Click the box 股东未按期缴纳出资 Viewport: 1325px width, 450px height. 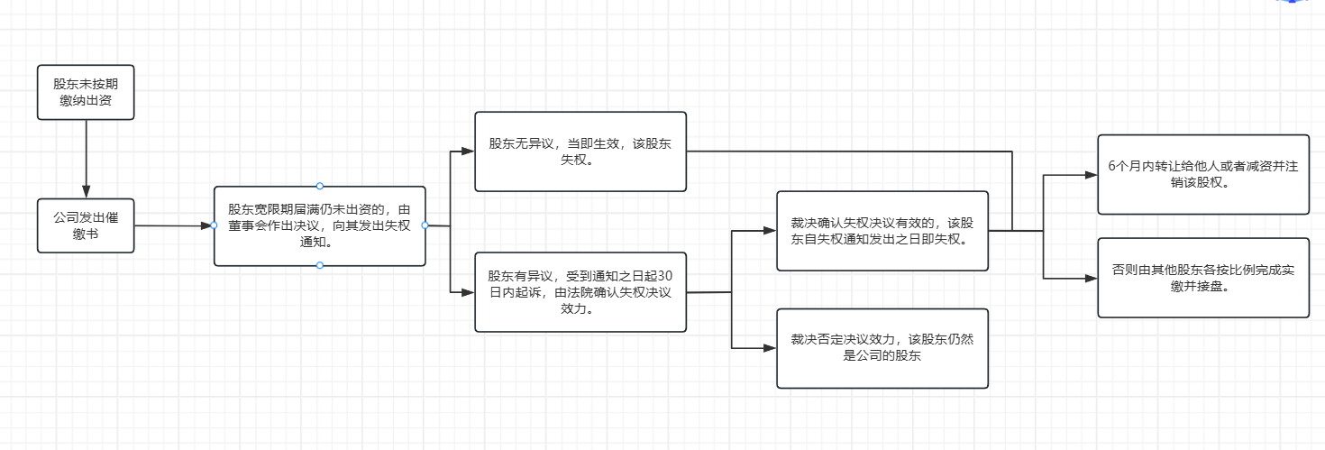click(x=86, y=92)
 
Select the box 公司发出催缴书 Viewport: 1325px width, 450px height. click(x=86, y=225)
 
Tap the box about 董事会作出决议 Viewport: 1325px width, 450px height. click(x=319, y=225)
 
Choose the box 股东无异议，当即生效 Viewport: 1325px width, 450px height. click(x=580, y=152)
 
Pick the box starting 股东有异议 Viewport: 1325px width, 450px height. click(x=580, y=292)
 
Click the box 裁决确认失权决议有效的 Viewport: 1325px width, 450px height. click(x=882, y=231)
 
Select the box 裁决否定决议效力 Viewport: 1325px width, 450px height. click(x=882, y=348)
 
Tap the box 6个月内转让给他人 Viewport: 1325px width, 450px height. click(x=1202, y=175)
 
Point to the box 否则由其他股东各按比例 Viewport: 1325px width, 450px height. click(x=1202, y=278)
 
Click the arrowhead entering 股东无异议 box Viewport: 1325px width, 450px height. click(x=467, y=152)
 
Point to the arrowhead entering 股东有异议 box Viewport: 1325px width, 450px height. click(x=467, y=292)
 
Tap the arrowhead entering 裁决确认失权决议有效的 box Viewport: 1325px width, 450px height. click(x=770, y=231)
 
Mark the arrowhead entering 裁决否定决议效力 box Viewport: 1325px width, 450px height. click(x=770, y=348)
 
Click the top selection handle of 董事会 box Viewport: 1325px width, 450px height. click(x=319, y=186)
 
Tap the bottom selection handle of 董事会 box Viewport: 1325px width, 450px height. click(x=319, y=265)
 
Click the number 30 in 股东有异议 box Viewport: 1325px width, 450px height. click(x=667, y=276)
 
